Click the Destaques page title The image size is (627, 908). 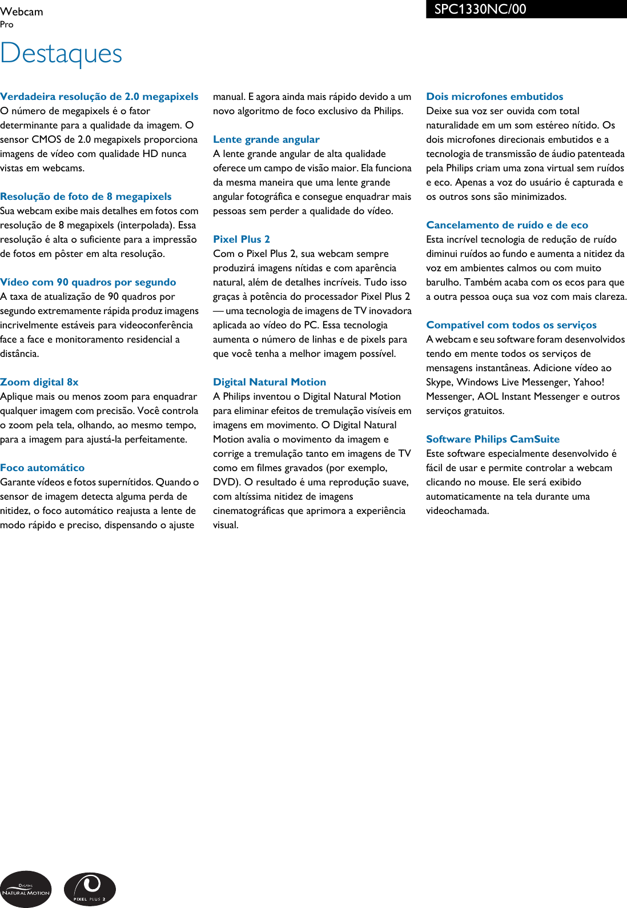pyautogui.click(x=61, y=54)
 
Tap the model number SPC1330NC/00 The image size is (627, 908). pyautogui.click(x=480, y=9)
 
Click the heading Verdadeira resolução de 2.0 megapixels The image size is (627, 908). pyautogui.click(x=99, y=97)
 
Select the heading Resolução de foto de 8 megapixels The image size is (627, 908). pyautogui.click(x=86, y=196)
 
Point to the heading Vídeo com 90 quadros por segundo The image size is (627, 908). pyautogui.click(x=88, y=282)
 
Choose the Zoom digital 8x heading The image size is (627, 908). pyautogui.click(x=39, y=382)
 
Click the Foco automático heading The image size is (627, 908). pyautogui.click(x=42, y=468)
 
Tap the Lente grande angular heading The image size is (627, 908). pyautogui.click(x=266, y=139)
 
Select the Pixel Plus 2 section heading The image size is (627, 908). pyautogui.click(x=242, y=239)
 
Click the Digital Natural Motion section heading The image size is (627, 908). pyautogui.click(x=270, y=382)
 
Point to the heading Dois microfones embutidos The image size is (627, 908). pyautogui.click(x=495, y=97)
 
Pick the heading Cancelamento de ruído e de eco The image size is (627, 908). pyautogui.click(x=507, y=225)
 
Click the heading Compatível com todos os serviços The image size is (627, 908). pyautogui.click(x=511, y=325)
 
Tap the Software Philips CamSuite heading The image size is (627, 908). pyautogui.click(x=493, y=439)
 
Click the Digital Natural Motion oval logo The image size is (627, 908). pyautogui.click(x=26, y=889)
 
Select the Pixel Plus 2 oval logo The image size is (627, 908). pyautogui.click(x=90, y=889)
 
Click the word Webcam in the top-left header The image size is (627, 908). pyautogui.click(x=22, y=11)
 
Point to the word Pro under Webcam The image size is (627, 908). pyautogui.click(x=7, y=25)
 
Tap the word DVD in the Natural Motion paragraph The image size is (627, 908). pyautogui.click(x=224, y=482)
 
